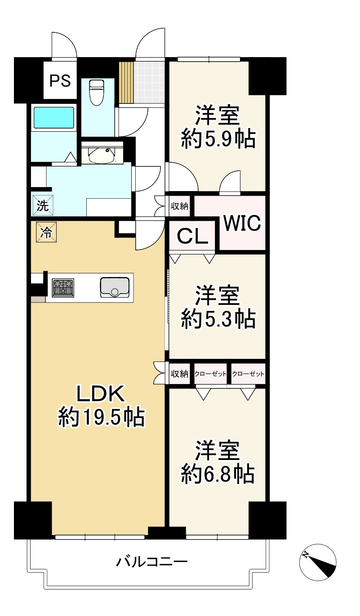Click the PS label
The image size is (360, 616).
60,80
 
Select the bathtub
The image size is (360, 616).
53,117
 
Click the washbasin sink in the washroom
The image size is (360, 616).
102,156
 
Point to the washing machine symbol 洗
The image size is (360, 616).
43,205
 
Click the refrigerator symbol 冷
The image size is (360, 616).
46,232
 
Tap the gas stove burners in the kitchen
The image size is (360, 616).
63,288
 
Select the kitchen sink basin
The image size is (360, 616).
115,287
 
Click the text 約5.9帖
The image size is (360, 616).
218,138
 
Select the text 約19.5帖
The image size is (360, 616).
101,417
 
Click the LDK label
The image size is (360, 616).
101,394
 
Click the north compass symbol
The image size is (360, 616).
318,562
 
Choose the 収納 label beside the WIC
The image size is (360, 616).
179,206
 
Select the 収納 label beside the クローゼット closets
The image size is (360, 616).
179,374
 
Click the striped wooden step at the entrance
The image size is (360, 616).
126,82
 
